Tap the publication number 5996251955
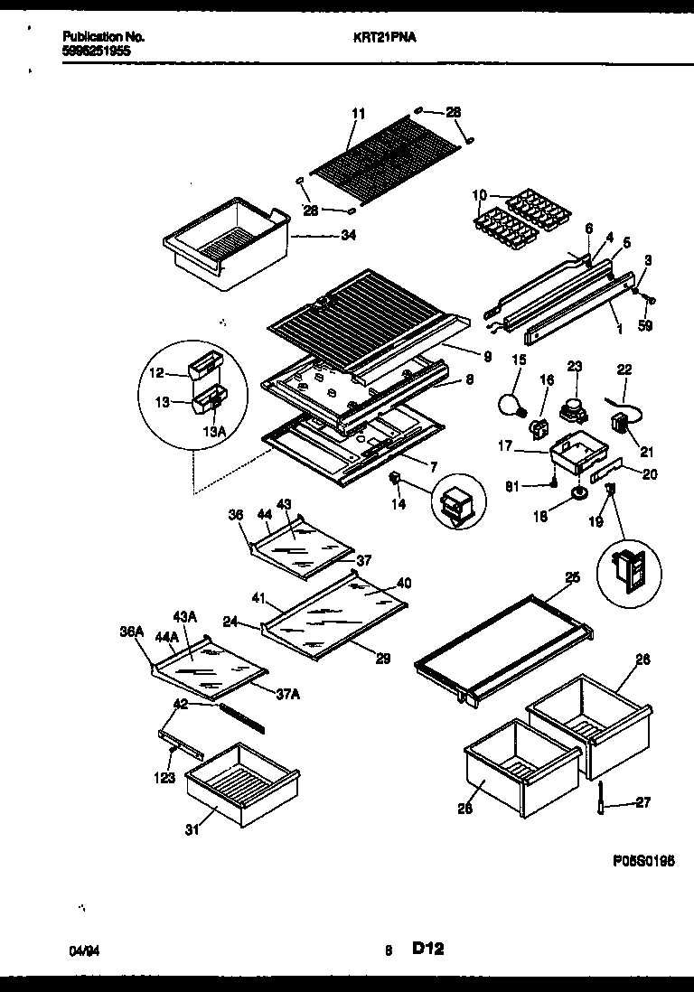point(97,51)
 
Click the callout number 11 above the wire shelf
point(358,114)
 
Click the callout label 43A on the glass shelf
point(184,616)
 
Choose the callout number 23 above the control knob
point(574,367)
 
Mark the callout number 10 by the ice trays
point(479,195)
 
